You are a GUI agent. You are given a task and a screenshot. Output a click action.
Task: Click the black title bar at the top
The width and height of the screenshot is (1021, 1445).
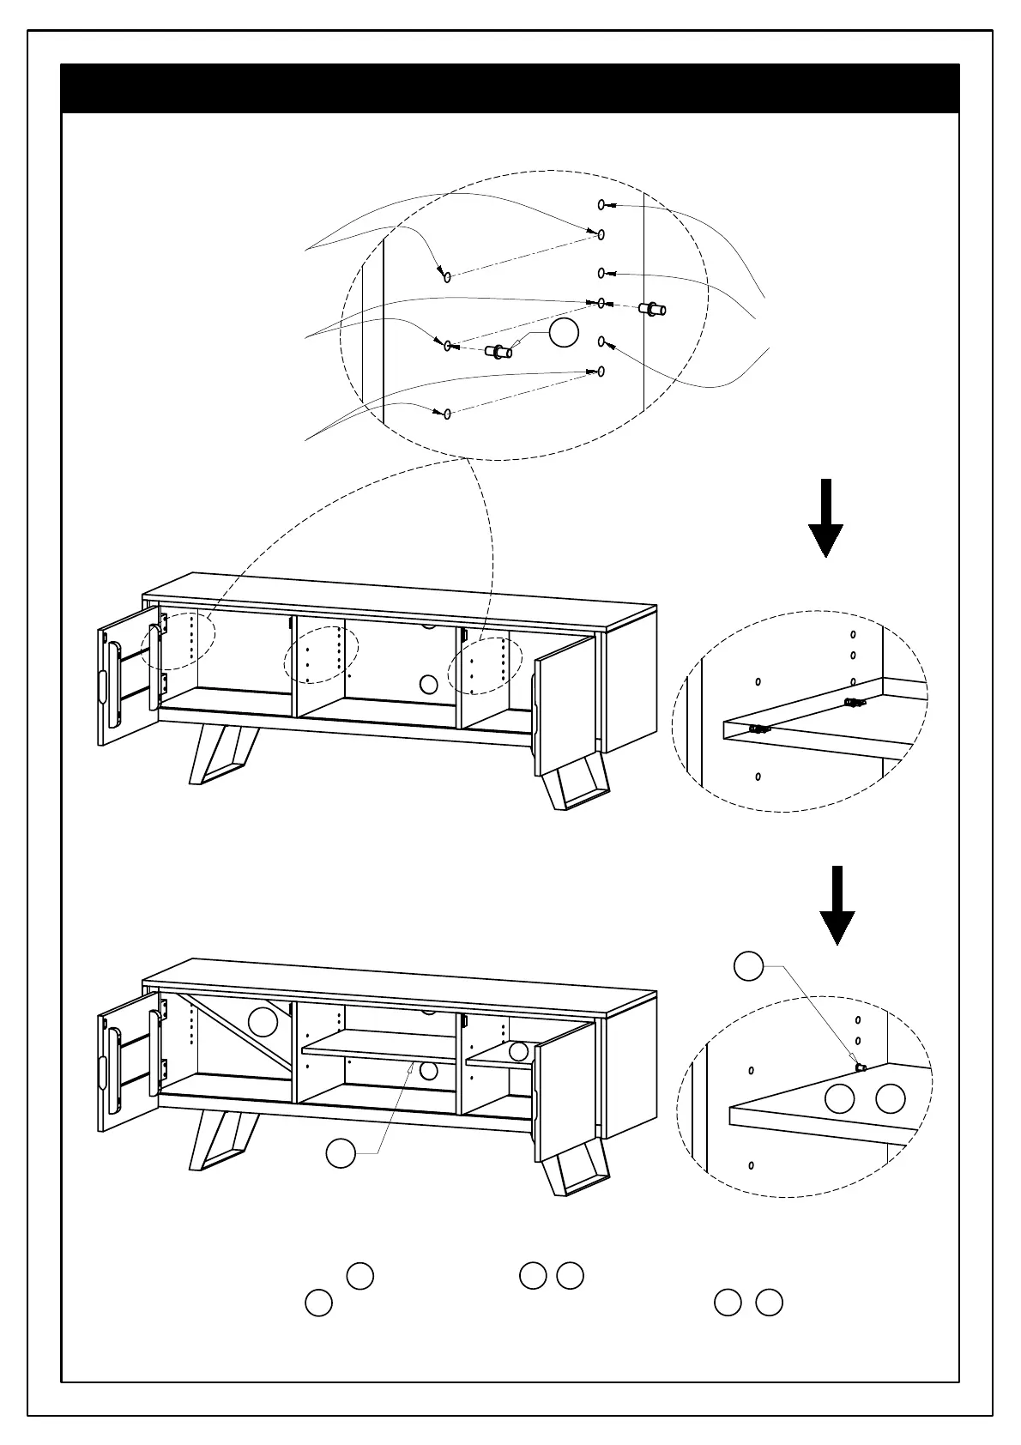tap(510, 88)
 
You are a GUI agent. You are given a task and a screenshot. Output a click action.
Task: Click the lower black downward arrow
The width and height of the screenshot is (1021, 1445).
tap(837, 904)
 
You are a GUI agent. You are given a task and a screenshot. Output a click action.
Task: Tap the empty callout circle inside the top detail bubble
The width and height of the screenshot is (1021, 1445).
tap(564, 332)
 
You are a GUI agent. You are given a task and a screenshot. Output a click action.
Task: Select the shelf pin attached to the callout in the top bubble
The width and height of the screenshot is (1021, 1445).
tap(498, 351)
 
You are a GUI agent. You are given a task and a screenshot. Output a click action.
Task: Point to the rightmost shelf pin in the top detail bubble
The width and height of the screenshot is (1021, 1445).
tap(653, 308)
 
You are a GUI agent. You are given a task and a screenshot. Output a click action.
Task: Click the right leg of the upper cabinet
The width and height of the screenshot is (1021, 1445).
tap(577, 785)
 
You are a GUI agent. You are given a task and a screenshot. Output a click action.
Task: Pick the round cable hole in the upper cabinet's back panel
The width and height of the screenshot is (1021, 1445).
tap(429, 684)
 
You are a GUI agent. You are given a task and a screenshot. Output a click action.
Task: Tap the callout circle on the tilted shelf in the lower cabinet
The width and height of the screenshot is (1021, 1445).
tap(263, 1021)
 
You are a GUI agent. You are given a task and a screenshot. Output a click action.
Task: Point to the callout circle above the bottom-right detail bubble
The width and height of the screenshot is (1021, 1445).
tap(749, 965)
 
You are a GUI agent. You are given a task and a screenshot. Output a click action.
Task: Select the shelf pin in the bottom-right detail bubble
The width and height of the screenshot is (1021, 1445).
tap(861, 1067)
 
